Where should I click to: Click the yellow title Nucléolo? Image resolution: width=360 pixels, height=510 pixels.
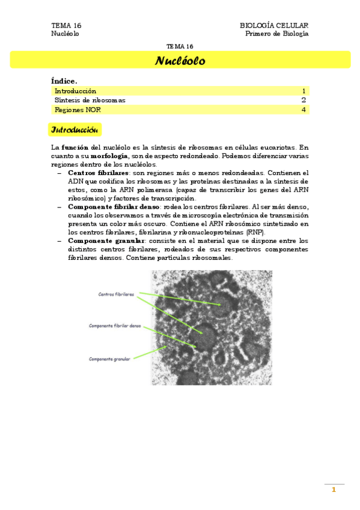[180, 61]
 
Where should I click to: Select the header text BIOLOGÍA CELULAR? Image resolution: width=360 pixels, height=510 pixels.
[274, 25]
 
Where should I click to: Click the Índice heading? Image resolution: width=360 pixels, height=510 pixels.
[64, 81]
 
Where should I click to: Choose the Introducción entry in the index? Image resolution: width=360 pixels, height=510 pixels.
[75, 91]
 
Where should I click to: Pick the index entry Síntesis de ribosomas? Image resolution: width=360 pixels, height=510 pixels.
[90, 100]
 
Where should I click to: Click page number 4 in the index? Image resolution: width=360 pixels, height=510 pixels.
[304, 110]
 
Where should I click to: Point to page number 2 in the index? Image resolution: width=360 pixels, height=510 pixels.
[304, 100]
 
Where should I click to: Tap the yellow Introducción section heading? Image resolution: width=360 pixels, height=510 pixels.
[75, 130]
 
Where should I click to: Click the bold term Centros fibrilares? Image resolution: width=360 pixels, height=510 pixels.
[95, 173]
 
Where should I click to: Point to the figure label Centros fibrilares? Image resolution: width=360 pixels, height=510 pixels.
[116, 294]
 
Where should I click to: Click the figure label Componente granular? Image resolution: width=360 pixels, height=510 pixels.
[109, 359]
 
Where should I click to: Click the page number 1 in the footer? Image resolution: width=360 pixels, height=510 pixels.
[334, 490]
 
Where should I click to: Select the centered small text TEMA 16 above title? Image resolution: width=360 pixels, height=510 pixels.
[180, 46]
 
